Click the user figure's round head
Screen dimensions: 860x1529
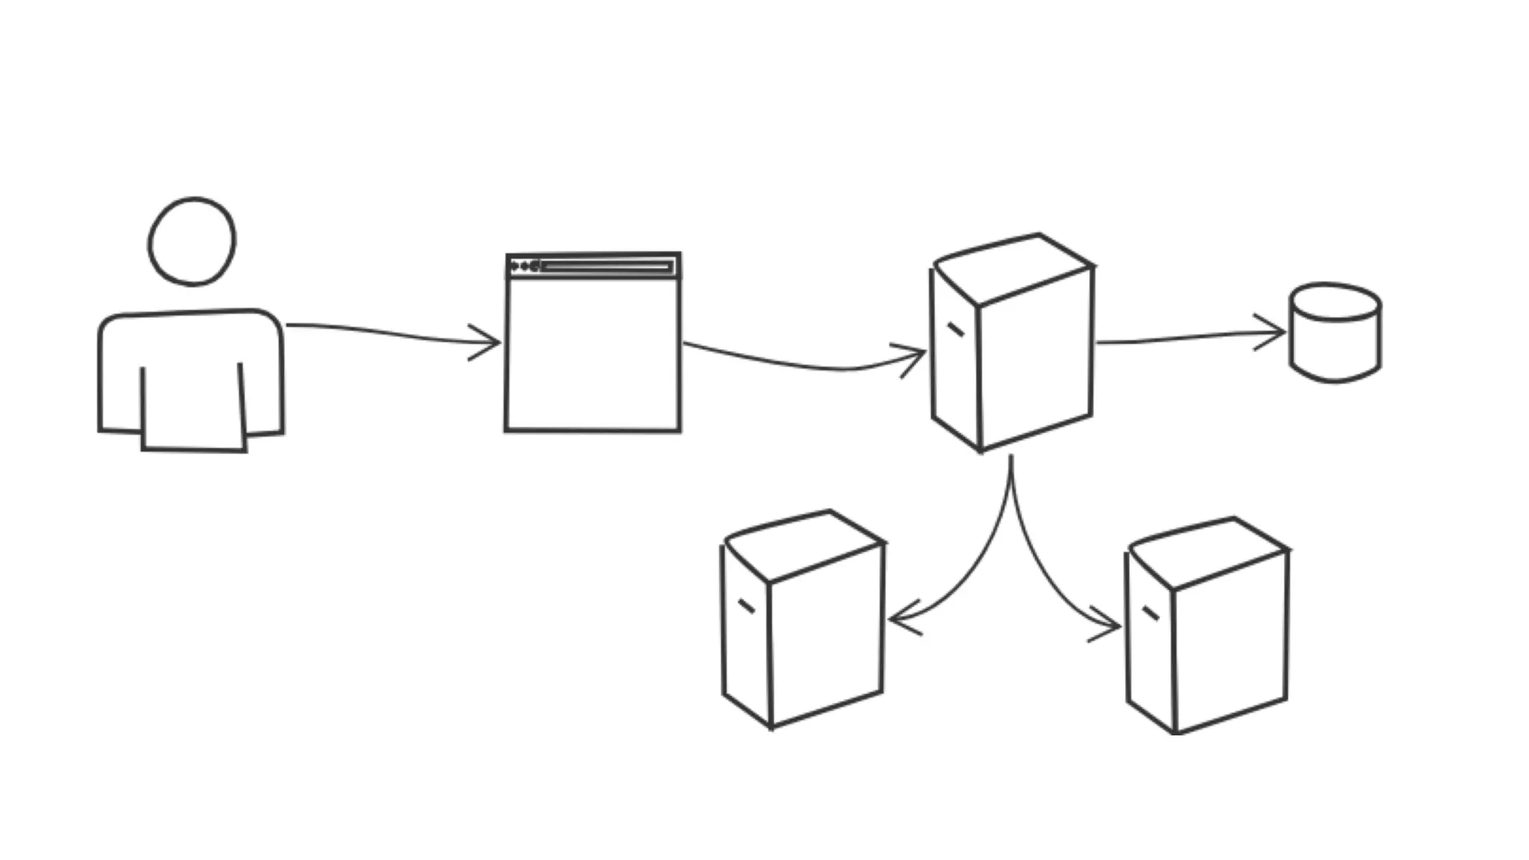[x=192, y=241]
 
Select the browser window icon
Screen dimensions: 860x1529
[x=593, y=351]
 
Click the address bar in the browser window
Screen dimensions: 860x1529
[x=606, y=267]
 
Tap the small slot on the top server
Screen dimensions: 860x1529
[x=955, y=329]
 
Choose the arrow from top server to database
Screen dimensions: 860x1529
[x=1187, y=337]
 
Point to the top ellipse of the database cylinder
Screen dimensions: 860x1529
[x=1335, y=302]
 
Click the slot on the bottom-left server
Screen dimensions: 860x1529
[x=746, y=606]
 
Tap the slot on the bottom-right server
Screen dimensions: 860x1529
[x=1150, y=614]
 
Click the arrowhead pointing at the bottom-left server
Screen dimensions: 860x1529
[x=900, y=620]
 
